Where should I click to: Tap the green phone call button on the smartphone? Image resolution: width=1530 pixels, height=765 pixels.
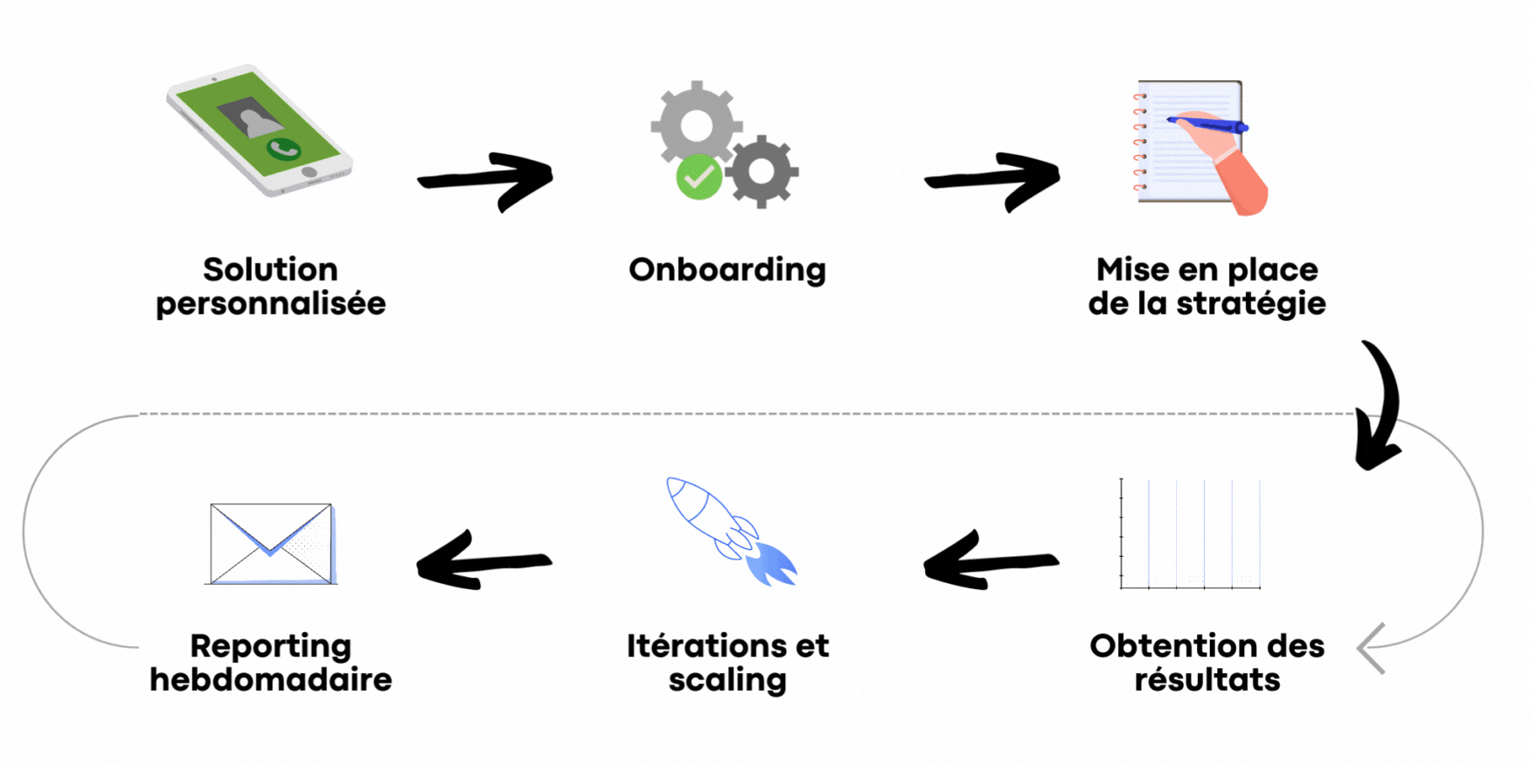[x=283, y=150]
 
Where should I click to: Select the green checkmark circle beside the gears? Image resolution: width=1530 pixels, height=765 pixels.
[x=699, y=177]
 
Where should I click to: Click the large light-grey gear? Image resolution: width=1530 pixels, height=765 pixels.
[x=696, y=124]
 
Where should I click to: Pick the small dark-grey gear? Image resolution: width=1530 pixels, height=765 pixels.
[x=762, y=171]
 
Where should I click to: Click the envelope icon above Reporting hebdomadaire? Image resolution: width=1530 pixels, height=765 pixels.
[x=272, y=543]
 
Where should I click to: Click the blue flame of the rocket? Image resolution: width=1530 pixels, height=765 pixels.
[x=771, y=563]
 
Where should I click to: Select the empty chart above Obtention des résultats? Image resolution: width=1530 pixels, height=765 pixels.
[x=1190, y=534]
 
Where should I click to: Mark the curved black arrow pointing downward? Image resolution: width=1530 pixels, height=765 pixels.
[x=1380, y=405]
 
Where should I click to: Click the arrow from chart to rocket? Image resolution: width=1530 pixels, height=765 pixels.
[x=990, y=560]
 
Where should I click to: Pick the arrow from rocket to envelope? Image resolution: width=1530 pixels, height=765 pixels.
[x=483, y=560]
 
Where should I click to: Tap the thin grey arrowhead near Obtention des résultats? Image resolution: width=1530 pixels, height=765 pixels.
[x=1371, y=649]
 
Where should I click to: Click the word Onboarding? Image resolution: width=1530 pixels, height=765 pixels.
[x=727, y=270]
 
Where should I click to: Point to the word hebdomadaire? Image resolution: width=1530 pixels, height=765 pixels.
[x=271, y=680]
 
